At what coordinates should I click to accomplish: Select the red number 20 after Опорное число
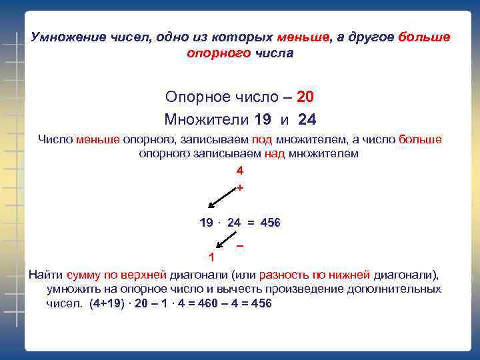(305, 97)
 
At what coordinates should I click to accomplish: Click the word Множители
(206, 120)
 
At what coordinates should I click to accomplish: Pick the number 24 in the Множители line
(307, 120)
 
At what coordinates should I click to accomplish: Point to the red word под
(261, 140)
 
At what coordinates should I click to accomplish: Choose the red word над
(275, 153)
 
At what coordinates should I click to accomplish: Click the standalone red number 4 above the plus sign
(240, 171)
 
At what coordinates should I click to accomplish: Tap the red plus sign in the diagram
(240, 188)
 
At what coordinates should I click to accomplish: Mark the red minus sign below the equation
(239, 247)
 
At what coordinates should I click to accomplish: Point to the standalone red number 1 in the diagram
(211, 257)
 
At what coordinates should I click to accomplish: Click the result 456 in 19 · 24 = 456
(269, 222)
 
